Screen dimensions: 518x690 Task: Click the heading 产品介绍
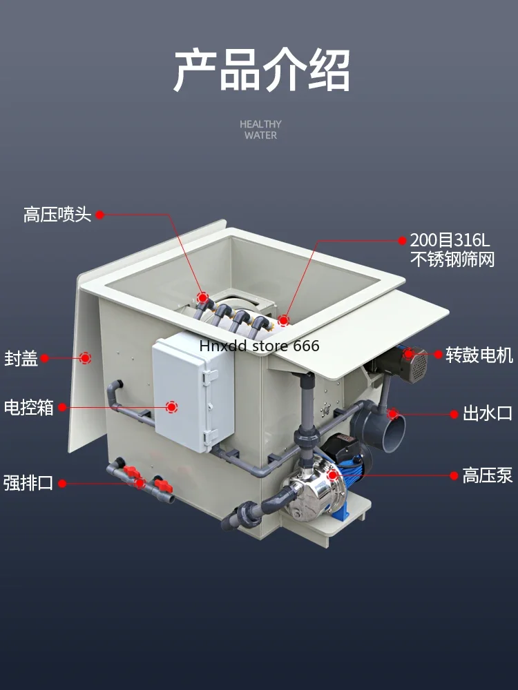[261, 70]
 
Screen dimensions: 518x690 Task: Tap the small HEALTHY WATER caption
[260, 130]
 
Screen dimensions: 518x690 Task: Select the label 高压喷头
[57, 215]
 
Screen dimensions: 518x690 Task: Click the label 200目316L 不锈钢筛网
[452, 250]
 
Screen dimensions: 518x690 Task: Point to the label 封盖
[21, 359]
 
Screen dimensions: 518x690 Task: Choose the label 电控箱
[29, 408]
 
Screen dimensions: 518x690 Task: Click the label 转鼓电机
[479, 355]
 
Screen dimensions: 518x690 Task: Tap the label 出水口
[487, 415]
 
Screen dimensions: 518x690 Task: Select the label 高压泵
[487, 475]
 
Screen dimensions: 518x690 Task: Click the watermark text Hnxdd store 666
[259, 345]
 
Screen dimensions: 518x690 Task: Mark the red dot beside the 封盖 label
[45, 358]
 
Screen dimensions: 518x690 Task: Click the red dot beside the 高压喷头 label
[99, 215]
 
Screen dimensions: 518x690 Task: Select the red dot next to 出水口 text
[454, 415]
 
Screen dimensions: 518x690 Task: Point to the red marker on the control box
[171, 408]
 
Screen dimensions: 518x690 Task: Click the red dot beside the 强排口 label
[61, 483]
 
